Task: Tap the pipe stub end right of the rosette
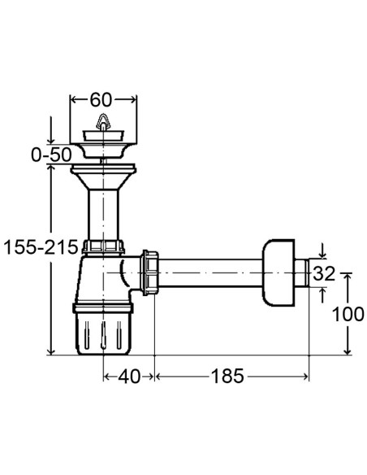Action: tap(303, 272)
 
